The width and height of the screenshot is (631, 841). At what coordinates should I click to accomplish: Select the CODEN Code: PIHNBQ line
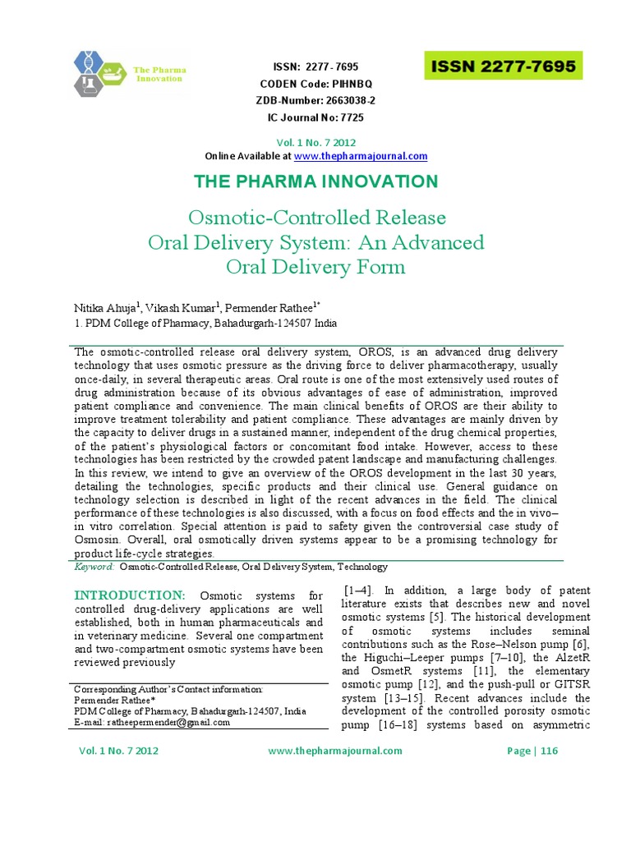(315, 84)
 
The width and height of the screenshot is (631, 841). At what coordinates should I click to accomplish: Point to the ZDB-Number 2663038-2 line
(315, 100)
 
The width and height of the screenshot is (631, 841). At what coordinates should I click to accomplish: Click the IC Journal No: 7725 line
(315, 117)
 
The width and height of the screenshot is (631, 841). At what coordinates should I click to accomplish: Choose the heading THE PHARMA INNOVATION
(315, 182)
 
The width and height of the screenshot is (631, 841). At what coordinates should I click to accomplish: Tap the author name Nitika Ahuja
(106, 308)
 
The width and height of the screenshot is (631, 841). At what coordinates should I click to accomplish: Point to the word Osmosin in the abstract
(100, 540)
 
